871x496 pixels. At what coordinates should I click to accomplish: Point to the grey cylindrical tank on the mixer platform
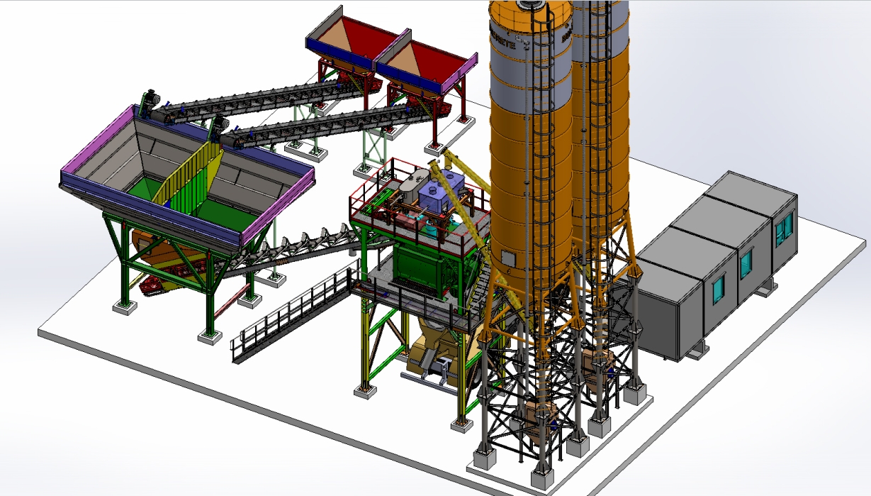[410, 186]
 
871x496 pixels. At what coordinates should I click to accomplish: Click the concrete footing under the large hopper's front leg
[209, 336]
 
